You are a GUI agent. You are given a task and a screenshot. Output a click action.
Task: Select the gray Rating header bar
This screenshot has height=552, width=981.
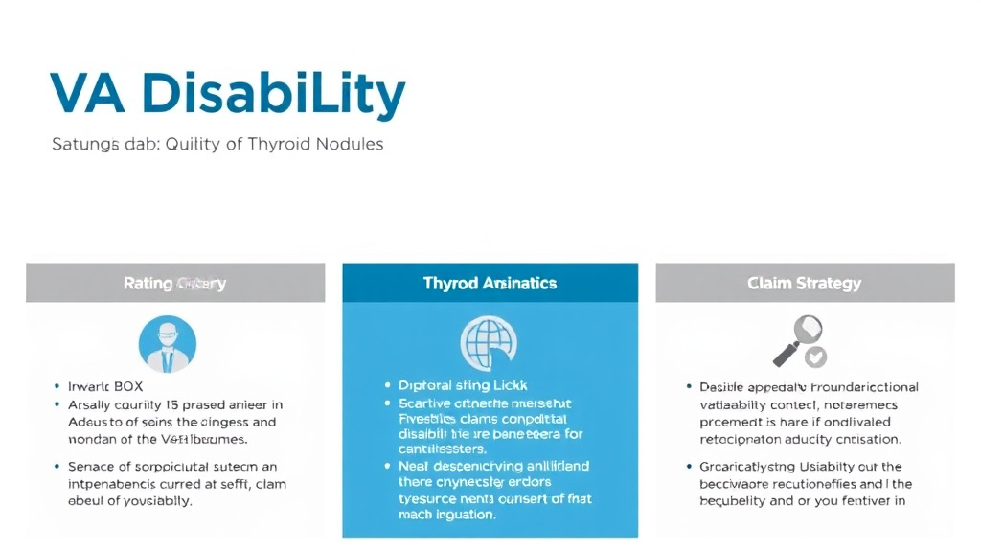click(175, 284)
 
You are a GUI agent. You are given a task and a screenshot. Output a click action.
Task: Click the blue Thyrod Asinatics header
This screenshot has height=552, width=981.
click(490, 284)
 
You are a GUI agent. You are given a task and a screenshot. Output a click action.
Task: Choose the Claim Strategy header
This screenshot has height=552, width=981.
click(804, 284)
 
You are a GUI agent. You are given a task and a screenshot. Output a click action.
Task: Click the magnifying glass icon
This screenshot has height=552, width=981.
click(794, 338)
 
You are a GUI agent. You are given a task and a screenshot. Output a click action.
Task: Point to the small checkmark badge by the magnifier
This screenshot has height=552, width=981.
click(815, 357)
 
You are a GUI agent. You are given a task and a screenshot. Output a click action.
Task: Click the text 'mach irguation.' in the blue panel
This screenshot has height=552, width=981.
click(446, 515)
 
